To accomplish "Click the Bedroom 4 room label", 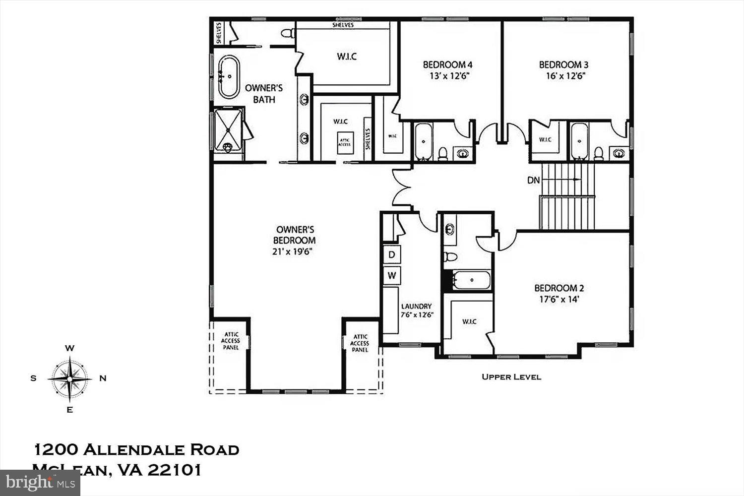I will coord(447,64).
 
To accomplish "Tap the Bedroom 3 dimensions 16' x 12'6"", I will coord(563,76).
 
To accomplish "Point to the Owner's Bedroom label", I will coord(295,235).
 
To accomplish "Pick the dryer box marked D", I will coord(392,255).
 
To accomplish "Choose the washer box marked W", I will coord(392,275).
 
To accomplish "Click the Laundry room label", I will coord(416,307).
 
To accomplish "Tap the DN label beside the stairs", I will coord(533,181).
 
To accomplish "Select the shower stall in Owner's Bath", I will coord(228,129).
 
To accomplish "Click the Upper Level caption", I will coord(511,377).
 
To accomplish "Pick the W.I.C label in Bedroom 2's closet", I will coord(469,321).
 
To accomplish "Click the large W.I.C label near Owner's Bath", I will coord(347,57).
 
